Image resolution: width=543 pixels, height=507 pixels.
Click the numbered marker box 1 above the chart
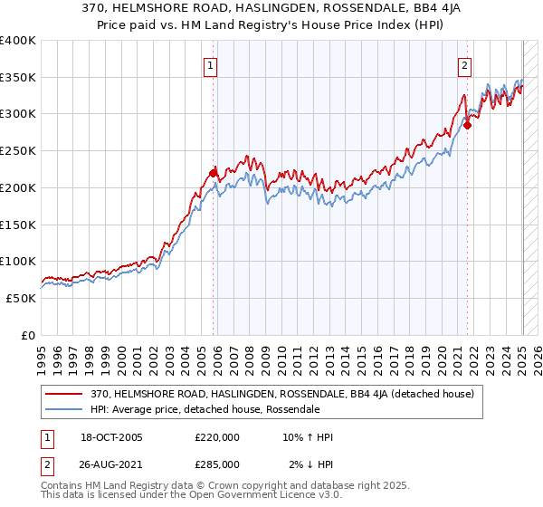tap(210, 65)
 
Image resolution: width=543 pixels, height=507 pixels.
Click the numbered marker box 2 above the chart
tap(464, 65)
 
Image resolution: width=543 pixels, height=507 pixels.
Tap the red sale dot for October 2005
tap(214, 172)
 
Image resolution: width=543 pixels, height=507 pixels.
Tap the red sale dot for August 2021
tap(468, 125)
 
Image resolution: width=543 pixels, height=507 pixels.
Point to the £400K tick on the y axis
tap(18, 41)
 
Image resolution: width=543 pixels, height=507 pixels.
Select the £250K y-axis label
tap(18, 151)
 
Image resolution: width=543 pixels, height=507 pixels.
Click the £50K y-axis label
tap(22, 298)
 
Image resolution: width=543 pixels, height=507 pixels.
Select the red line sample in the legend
tap(65, 394)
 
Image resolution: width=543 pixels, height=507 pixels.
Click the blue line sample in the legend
tap(65, 409)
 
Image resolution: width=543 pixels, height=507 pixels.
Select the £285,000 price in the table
tap(217, 464)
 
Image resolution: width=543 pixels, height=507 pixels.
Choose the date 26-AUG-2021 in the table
tap(113, 464)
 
